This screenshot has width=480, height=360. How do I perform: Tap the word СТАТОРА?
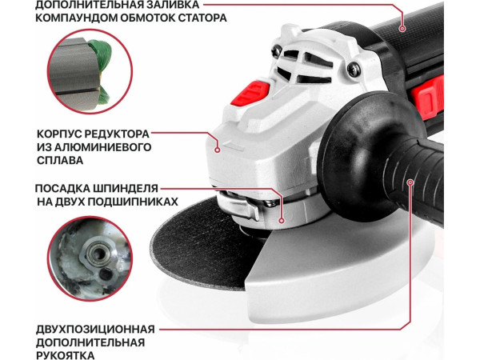[198, 17]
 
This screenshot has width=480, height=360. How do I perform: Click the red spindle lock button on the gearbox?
[249, 94]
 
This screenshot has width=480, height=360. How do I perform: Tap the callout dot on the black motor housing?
[402, 28]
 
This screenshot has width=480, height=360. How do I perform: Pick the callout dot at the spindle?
[282, 218]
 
